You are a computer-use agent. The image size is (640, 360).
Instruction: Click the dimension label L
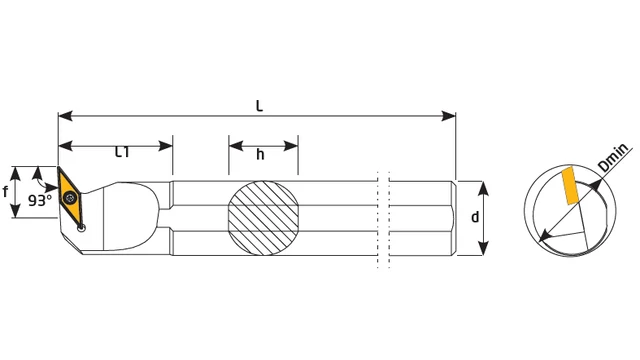pyautogui.click(x=259, y=106)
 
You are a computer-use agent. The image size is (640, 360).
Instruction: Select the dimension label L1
pyautogui.click(x=122, y=152)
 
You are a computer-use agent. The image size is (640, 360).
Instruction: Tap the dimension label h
pyautogui.click(x=260, y=155)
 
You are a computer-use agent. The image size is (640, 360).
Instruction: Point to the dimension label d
pyautogui.click(x=475, y=217)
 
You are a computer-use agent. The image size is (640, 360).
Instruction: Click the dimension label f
pyautogui.click(x=5, y=191)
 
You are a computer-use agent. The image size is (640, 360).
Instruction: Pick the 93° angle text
pyautogui.click(x=40, y=200)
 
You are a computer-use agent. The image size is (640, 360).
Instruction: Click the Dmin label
pyautogui.click(x=613, y=158)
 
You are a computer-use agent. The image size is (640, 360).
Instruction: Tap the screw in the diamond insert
pyautogui.click(x=71, y=198)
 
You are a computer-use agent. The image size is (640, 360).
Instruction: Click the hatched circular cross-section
pyautogui.click(x=263, y=218)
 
